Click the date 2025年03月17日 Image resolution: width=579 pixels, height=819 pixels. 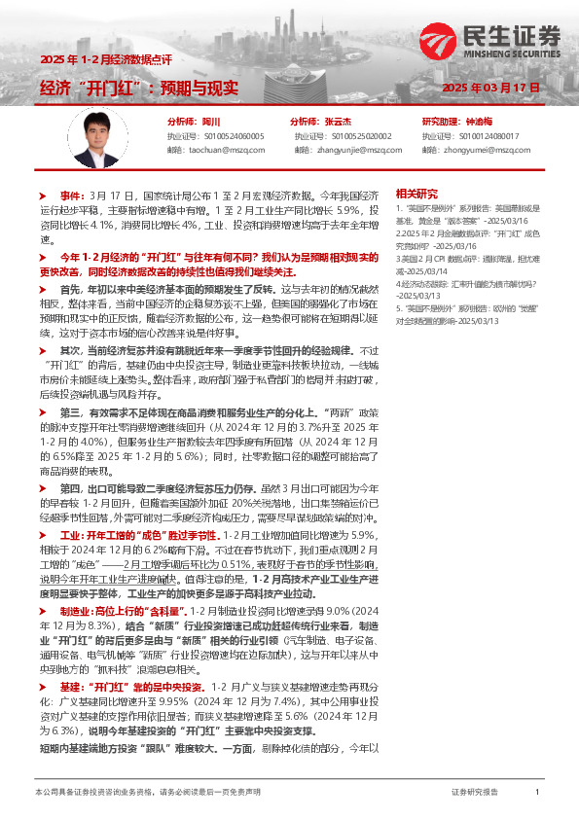[x=490, y=89]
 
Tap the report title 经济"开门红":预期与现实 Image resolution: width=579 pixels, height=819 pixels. [x=139, y=89]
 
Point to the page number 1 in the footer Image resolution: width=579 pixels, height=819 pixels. [x=537, y=793]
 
